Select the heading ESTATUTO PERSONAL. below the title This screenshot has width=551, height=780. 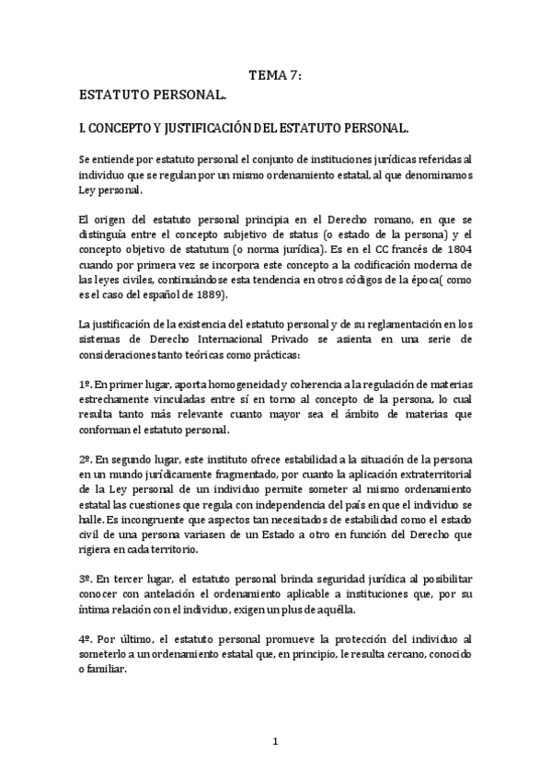153,95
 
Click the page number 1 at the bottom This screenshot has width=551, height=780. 275,740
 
